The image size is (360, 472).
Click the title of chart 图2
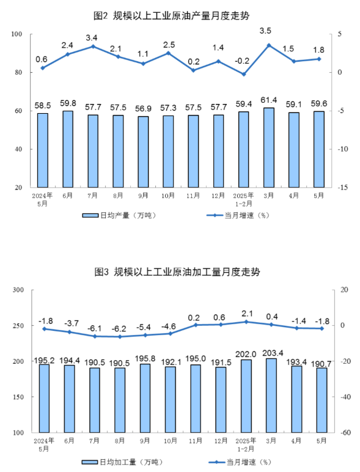pos(171,16)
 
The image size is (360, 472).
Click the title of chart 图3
pos(177,272)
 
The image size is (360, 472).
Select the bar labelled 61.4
pos(268,147)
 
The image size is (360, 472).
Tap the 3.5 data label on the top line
pos(265,31)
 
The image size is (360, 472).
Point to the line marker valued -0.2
pos(243,74)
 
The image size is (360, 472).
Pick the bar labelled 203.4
pos(271,395)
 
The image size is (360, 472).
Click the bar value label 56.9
pos(143,108)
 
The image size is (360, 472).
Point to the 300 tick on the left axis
pos(18,290)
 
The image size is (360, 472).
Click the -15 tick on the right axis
pos(342,188)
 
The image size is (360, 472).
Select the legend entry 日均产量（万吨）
pos(119,216)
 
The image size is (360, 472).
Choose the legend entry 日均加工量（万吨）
pos(122,462)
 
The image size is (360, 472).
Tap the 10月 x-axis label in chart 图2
pos(168,196)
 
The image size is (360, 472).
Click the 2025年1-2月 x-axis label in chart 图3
pos(246,445)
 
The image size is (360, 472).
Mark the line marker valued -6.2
pos(120,337)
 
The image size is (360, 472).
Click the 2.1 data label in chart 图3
pos(247,314)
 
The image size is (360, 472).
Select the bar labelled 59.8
pos(68,149)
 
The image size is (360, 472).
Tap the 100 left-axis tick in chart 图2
pos(17,34)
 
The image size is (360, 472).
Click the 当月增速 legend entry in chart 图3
pos(240,462)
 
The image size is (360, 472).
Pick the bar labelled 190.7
pos(321,400)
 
